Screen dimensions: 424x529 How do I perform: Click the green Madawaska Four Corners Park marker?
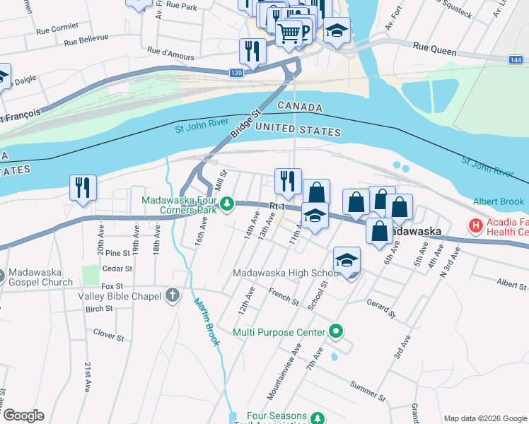point(226,205)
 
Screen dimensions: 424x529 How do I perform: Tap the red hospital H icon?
point(476,226)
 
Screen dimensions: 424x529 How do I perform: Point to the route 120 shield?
point(236,73)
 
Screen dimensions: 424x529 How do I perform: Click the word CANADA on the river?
point(300,107)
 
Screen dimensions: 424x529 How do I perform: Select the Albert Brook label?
point(499,201)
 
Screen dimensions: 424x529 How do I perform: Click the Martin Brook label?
point(207,322)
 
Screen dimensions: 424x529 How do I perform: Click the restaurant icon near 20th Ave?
point(83,188)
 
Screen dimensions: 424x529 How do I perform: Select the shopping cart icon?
point(289,33)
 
